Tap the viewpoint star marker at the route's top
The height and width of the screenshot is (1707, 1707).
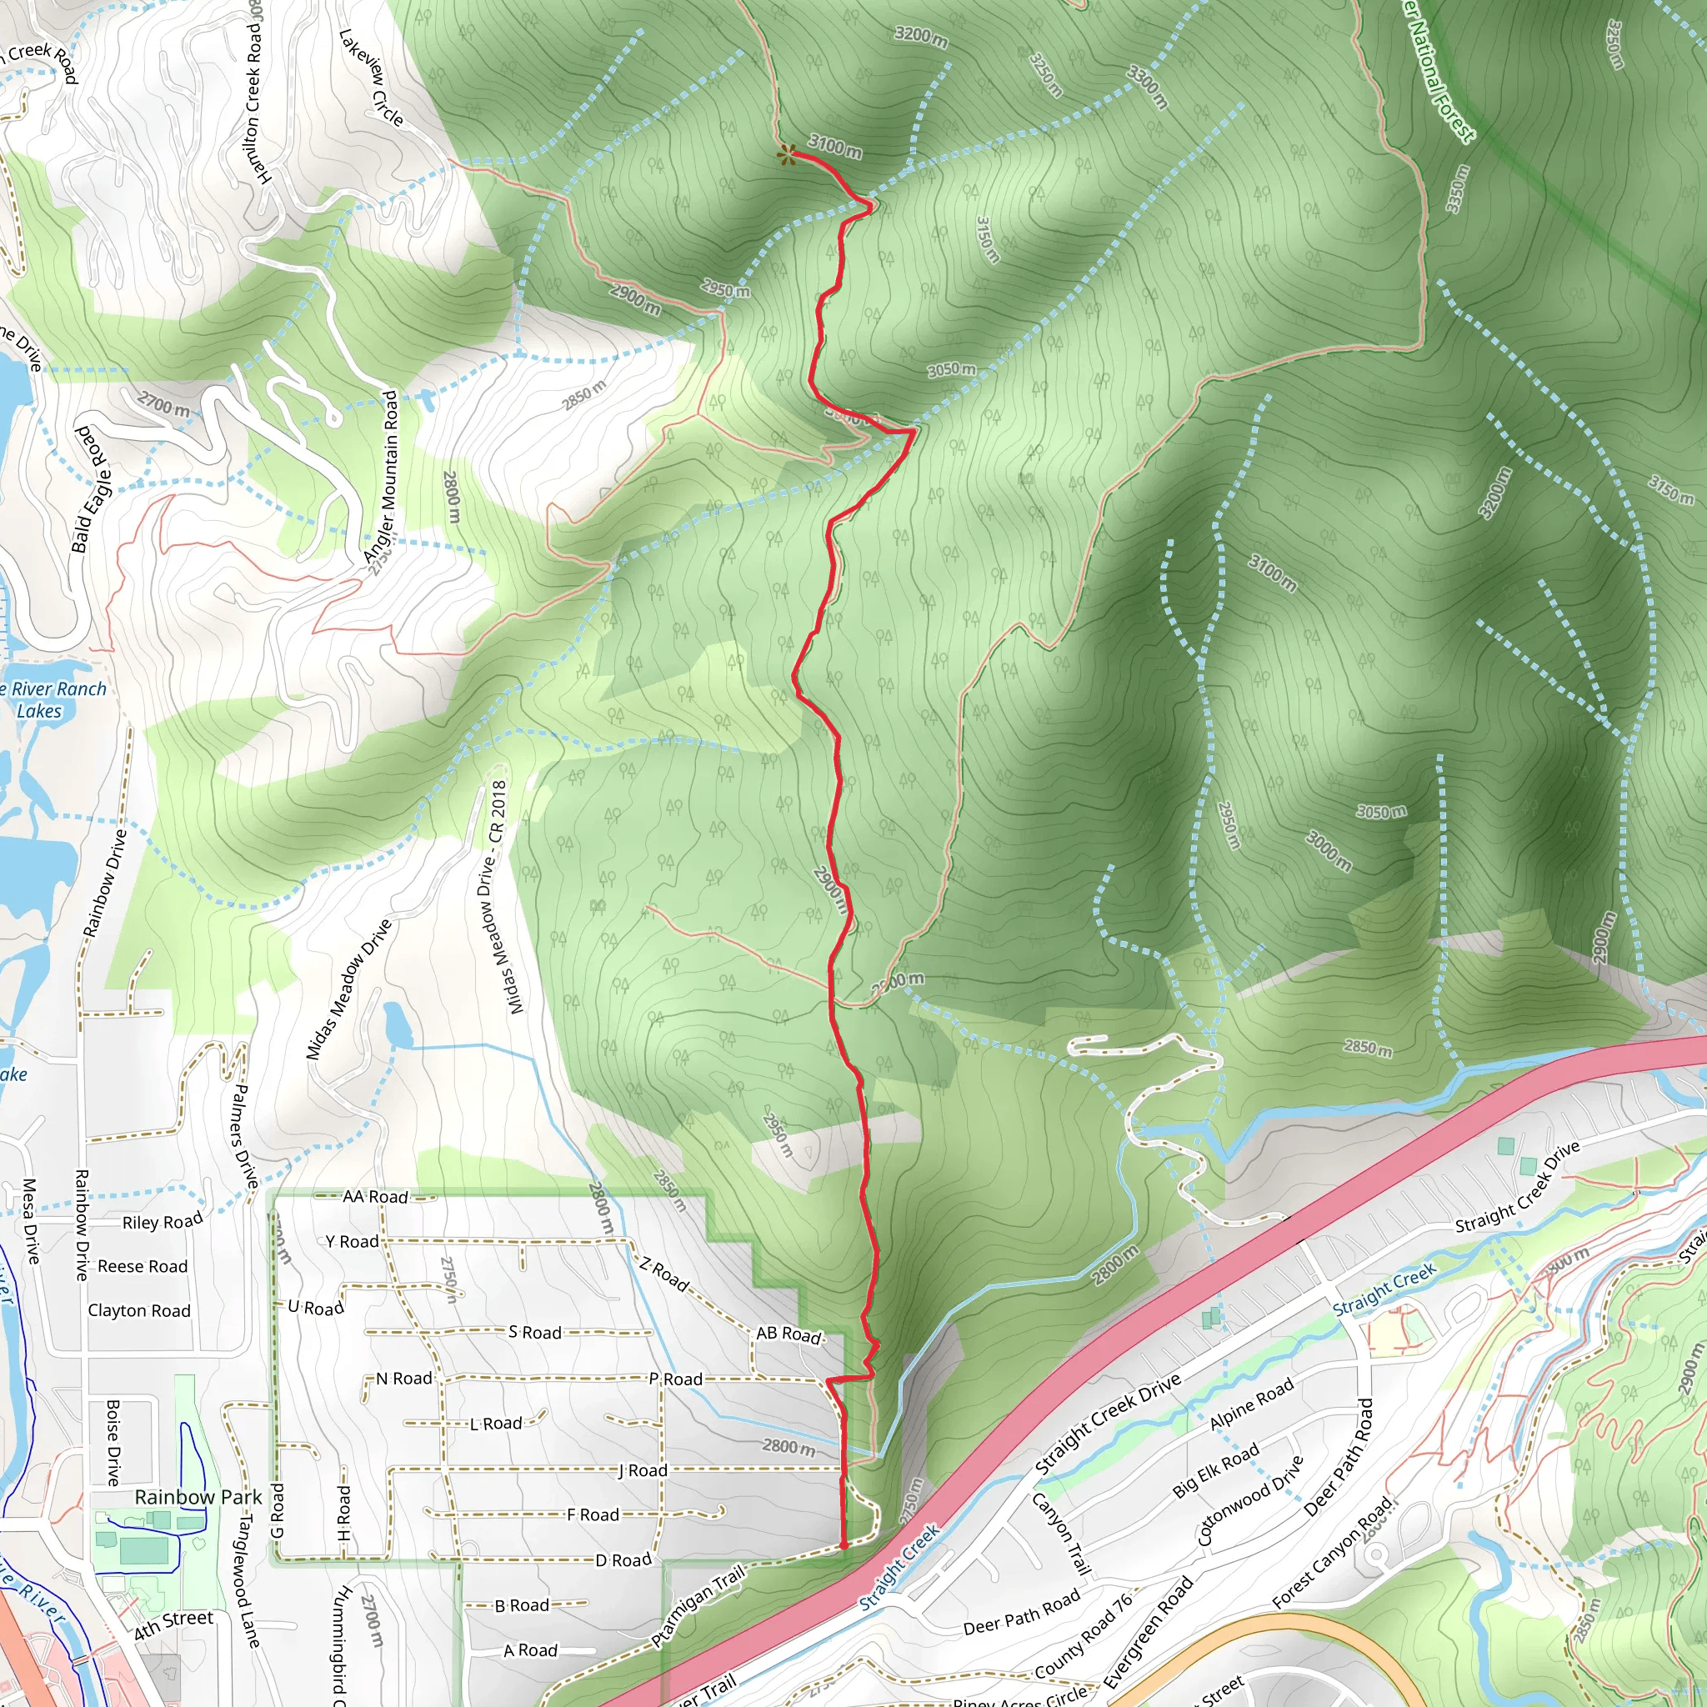[784, 156]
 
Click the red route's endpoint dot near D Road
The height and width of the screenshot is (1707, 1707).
[843, 1545]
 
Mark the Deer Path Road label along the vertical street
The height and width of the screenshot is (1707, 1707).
[1338, 1457]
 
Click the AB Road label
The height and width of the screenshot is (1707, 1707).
[788, 1334]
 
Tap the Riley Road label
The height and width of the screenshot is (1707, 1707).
[163, 1222]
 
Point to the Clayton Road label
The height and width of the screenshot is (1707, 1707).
[138, 1310]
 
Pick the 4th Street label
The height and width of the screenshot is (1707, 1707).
[174, 1624]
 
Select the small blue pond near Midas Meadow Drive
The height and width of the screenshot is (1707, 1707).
[398, 1025]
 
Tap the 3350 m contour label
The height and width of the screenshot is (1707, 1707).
[1457, 189]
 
